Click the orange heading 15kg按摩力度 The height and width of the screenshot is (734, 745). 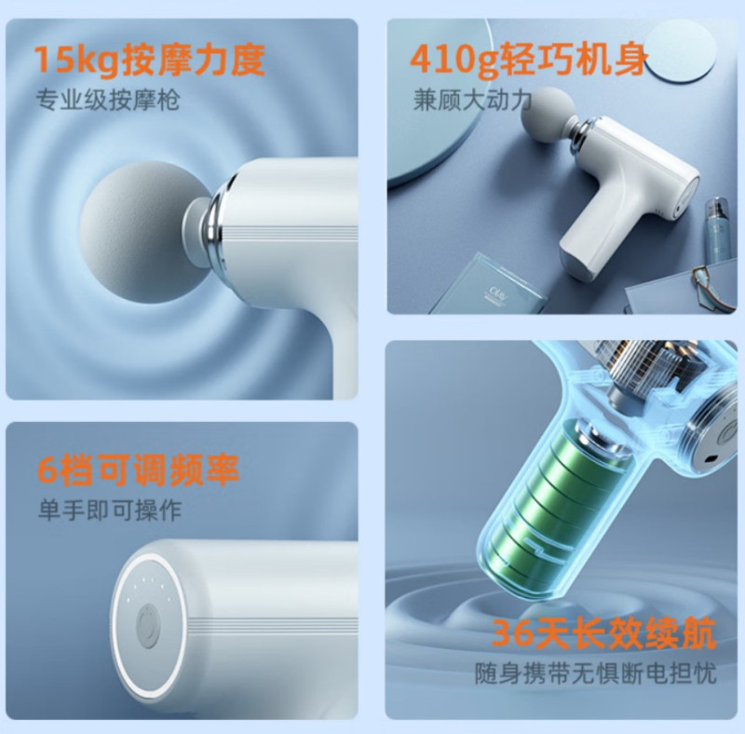(150, 61)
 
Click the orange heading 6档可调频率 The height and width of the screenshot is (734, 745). (138, 470)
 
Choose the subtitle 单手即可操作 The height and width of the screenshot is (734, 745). (109, 510)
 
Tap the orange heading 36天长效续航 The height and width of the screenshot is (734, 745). (604, 634)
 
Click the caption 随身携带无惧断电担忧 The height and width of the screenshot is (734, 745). (595, 673)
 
